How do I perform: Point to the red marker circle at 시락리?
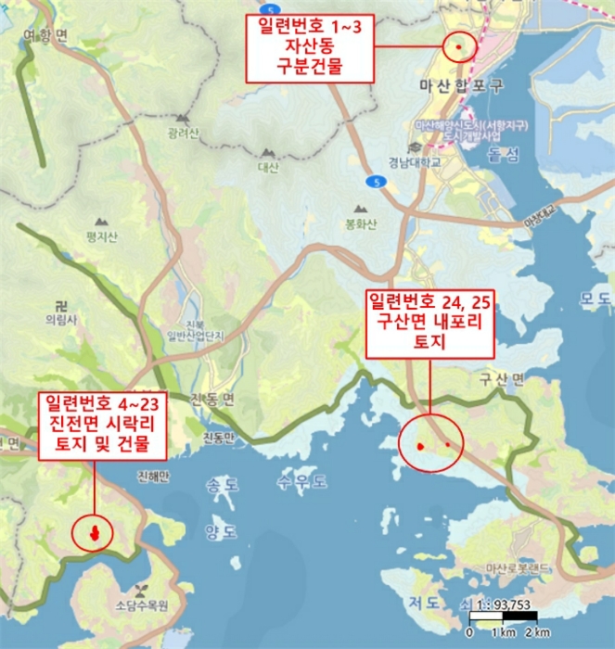point(93,532)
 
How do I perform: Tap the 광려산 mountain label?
point(183,134)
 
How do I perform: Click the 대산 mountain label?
point(268,168)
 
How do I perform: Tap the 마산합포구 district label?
point(460,86)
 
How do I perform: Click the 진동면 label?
point(214,399)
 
